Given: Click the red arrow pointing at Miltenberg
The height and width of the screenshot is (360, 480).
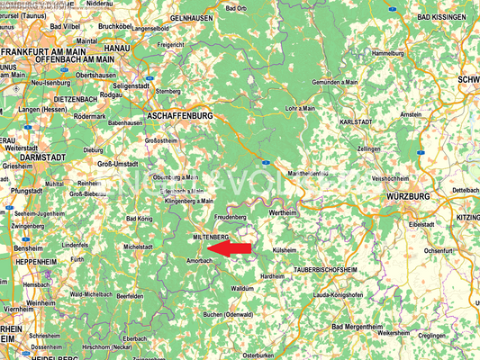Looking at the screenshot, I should pos(235,247).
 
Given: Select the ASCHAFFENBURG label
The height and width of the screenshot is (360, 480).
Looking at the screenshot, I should pos(178,116).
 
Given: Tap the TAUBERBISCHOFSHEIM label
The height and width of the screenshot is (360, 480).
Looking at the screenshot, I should pos(326,269).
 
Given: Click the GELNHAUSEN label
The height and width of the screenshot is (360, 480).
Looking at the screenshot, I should pos(190,17).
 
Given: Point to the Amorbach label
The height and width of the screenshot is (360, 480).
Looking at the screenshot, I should pos(199,259).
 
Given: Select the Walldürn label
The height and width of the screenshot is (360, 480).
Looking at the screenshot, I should pos(241,288).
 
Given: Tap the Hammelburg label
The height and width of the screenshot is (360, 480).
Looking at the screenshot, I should pos(389,53).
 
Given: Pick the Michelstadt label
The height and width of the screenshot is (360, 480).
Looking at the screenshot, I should pos(139,246).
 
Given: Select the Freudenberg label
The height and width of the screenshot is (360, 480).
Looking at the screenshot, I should pos(231,218).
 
